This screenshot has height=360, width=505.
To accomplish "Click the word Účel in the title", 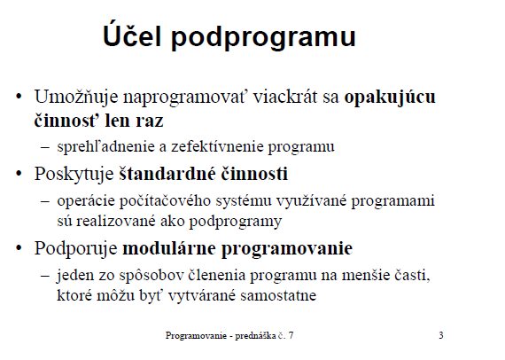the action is [x=132, y=34].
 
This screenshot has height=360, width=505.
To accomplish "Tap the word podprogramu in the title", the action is [x=263, y=37].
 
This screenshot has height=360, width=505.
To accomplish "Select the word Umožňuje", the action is [x=76, y=97].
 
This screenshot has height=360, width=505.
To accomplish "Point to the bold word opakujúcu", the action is [x=390, y=97].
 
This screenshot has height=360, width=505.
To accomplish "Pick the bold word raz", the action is [x=150, y=121].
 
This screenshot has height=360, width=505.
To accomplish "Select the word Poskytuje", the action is [x=74, y=175].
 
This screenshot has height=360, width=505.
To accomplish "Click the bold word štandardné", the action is [x=167, y=174].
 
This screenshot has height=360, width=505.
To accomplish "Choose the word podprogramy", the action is [x=236, y=223].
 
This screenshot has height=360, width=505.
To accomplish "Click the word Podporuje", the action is [x=76, y=249].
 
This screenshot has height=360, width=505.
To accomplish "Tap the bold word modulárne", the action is [x=169, y=248].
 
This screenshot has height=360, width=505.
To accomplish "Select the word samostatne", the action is [x=278, y=295].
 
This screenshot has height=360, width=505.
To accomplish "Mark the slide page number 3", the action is [x=441, y=335].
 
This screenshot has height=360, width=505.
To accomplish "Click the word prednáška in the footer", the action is [x=255, y=336].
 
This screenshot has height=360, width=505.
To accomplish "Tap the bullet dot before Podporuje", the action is [x=19, y=248].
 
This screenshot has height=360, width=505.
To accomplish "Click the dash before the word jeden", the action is [x=45, y=276].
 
